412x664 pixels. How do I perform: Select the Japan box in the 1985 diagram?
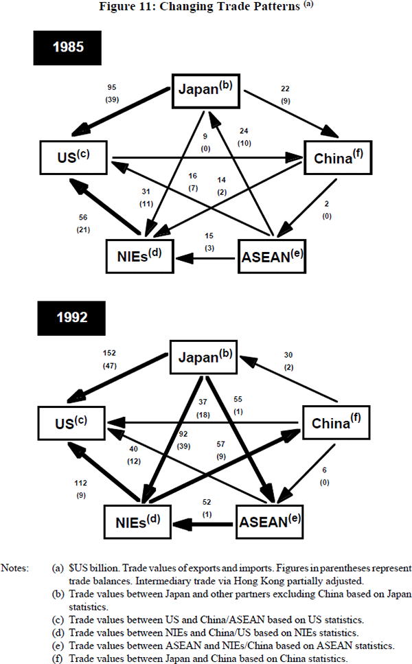207,89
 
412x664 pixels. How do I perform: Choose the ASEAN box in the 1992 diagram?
273,523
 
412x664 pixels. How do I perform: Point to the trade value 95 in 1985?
112,88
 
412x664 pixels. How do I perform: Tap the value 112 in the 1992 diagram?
81,483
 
